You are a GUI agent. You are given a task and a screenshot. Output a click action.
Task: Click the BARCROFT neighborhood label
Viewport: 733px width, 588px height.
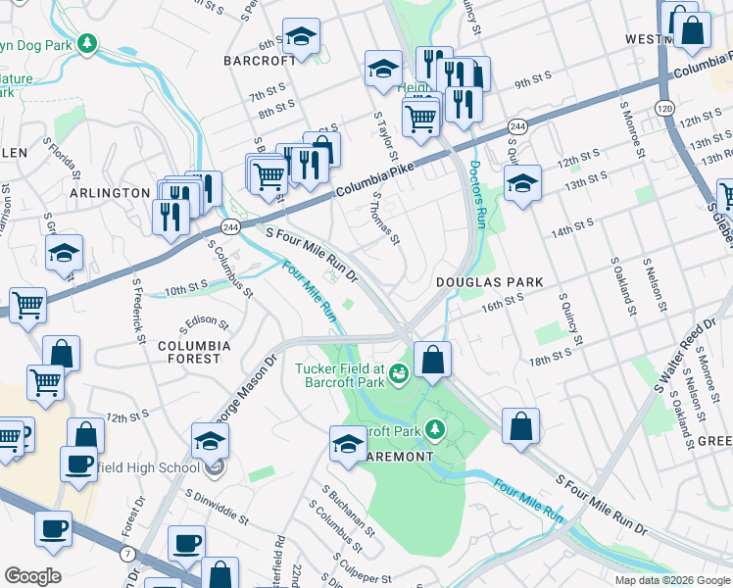[x=259, y=61]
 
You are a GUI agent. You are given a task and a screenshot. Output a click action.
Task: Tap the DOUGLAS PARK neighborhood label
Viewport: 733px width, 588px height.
[x=489, y=282]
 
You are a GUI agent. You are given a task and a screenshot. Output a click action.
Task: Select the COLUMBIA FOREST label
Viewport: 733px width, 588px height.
[x=194, y=353]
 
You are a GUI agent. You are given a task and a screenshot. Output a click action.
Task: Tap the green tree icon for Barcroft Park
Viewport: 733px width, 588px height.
[x=433, y=430]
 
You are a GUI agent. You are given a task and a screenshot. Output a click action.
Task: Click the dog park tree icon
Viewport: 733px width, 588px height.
[x=87, y=43]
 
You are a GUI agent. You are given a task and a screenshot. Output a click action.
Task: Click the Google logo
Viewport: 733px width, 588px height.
[x=32, y=576]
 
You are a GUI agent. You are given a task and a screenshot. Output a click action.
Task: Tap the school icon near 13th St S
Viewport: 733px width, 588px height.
[x=523, y=183]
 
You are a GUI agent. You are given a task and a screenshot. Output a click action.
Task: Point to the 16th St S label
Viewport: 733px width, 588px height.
[x=503, y=306]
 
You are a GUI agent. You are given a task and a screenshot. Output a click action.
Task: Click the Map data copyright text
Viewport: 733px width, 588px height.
[x=671, y=580]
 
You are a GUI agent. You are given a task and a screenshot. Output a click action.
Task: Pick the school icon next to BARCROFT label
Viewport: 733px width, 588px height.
[x=301, y=37]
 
